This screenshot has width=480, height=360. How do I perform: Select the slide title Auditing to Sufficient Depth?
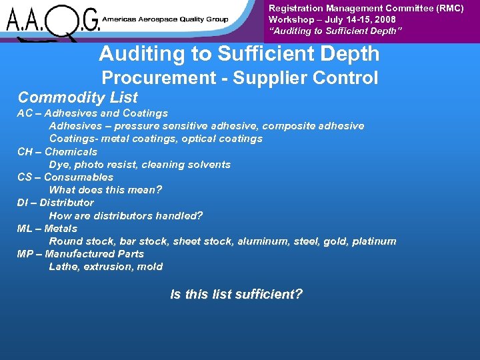[x=239, y=54]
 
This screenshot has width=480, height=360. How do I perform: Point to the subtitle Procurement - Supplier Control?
[x=239, y=78]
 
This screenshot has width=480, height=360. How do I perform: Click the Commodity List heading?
[x=77, y=97]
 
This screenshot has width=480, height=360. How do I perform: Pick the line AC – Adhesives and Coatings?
[x=93, y=113]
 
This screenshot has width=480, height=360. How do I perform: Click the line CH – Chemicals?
[x=57, y=151]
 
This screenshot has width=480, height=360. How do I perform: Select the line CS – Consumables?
[x=65, y=177]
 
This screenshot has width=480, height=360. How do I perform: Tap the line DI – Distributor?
[x=55, y=202]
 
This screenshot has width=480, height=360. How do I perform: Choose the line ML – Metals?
[x=47, y=228]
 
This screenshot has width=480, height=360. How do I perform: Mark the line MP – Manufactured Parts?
[x=81, y=253]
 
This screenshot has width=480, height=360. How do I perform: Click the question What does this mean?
[x=105, y=189]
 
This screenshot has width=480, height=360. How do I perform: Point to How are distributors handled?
[x=126, y=215]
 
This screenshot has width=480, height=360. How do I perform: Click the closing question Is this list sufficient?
[x=237, y=293]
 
